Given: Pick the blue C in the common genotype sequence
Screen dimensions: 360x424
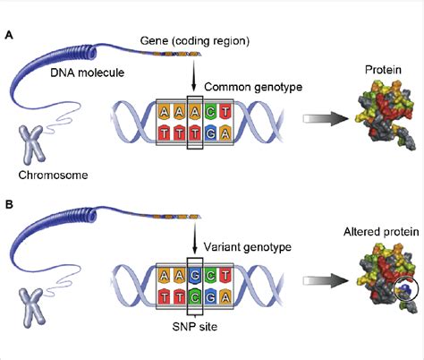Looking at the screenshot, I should (213, 112).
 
